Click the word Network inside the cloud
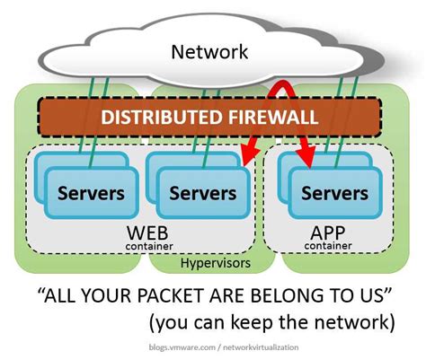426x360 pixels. pyautogui.click(x=209, y=52)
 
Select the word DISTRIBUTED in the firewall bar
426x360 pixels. pyautogui.click(x=150, y=119)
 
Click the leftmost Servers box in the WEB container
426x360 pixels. pyautogui.click(x=90, y=192)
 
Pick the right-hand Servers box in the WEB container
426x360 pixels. pyautogui.click(x=203, y=192)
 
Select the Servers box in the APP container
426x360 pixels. pyautogui.click(x=334, y=192)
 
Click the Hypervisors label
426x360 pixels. pyautogui.click(x=217, y=264)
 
